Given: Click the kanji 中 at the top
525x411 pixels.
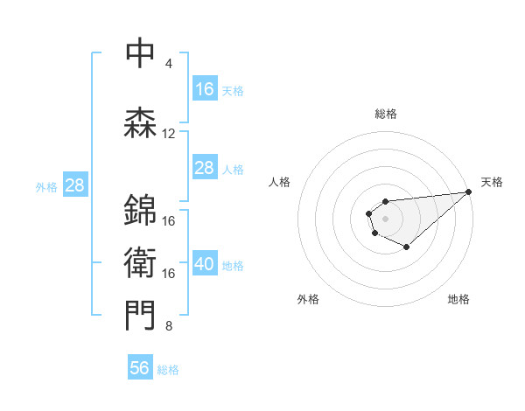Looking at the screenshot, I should click(140, 52).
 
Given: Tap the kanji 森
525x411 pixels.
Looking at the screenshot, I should click(140, 123).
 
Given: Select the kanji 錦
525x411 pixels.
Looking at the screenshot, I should click(140, 209).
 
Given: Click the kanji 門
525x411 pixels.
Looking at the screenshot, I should click(140, 316).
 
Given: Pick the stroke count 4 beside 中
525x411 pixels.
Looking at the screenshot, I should click(168, 64).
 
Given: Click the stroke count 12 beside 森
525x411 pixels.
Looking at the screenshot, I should click(169, 134).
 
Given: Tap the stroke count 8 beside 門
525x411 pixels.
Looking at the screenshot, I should click(168, 327).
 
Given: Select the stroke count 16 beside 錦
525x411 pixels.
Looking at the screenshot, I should click(169, 220).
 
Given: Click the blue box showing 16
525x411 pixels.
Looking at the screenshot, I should click(205, 89).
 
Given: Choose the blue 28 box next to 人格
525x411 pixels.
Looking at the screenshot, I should click(205, 168).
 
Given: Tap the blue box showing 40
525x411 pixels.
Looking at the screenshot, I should click(205, 265).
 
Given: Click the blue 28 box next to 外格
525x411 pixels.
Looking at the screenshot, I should click(74, 185).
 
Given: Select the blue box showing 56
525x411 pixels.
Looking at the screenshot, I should click(140, 368).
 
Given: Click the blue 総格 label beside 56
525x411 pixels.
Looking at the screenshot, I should click(168, 370).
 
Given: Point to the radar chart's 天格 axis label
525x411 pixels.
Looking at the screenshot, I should click(492, 182).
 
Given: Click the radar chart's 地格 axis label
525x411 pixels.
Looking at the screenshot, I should click(458, 299).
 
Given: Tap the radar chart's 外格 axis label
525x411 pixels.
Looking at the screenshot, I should click(308, 299).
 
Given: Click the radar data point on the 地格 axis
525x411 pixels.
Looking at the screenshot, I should click(406, 247).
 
